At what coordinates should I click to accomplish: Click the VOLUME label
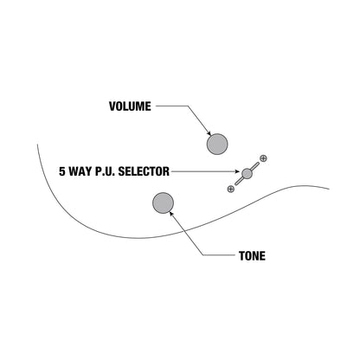130,106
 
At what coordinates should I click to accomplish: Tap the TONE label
252,256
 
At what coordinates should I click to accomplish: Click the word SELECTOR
144,171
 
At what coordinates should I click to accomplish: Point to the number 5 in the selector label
62,171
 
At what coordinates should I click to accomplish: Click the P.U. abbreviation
106,171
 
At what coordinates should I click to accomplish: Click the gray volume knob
217,144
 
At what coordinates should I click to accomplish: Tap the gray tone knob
163,202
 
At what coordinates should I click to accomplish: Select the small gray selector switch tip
247,173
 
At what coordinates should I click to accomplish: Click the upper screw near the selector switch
263,158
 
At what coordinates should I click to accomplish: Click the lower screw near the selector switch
231,189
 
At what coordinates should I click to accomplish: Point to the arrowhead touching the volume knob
209,133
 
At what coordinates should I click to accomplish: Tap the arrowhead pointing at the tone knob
171,214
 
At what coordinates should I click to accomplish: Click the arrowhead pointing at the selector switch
237,171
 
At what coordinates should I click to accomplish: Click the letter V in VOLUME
112,106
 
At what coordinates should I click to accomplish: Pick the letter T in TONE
241,256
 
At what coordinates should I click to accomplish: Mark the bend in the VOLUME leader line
189,106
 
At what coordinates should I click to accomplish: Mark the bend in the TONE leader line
202,255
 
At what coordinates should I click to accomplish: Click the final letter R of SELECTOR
166,171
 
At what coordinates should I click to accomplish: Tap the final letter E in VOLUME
148,106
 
